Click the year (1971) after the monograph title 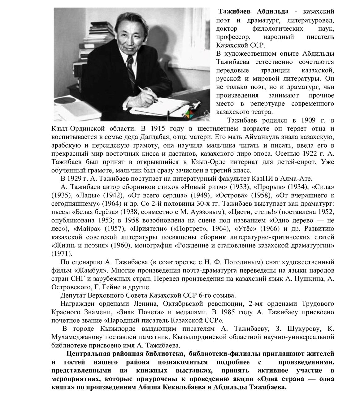pyautogui.click(x=61, y=253)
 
